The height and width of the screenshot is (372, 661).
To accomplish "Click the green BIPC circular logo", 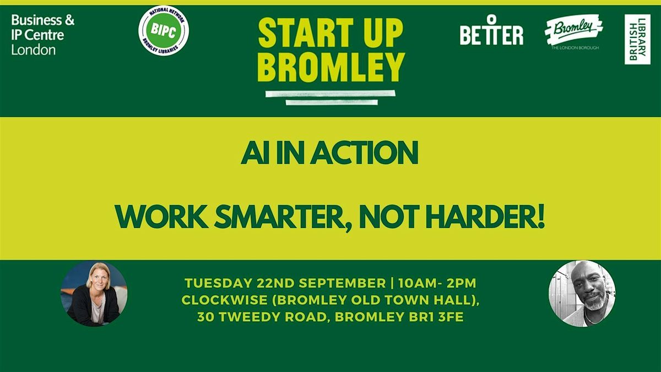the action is pos(164,31).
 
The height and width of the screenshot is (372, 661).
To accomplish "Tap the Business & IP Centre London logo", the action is pos(43,35).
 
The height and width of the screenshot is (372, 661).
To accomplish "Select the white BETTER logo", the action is pos(491,30).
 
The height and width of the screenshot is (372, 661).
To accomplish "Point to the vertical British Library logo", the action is pos(637,39).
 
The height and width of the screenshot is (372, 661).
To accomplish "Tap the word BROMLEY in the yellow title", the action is pos(331,67).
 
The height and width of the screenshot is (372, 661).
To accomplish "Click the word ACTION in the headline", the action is pos(364,153).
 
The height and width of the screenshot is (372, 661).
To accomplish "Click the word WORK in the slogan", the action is pos(162,217).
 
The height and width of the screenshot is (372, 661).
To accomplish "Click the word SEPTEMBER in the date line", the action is pos(342,283).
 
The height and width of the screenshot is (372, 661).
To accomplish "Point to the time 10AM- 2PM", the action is pos(437,283).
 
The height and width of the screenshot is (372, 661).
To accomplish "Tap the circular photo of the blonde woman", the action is pos(94,293).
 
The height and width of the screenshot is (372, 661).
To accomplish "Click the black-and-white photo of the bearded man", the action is pos(582,293).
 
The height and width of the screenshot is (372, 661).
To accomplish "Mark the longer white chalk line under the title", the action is pos(330,94).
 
